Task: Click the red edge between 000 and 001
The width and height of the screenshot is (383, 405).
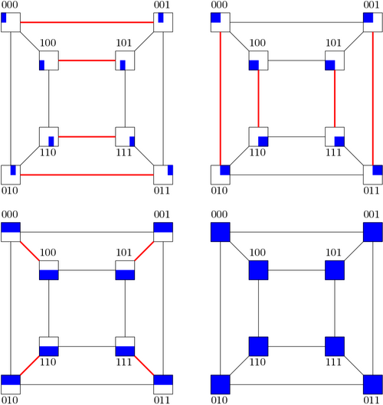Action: pyautogui.click(x=87, y=22)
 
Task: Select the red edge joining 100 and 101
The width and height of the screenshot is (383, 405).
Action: pyautogui.click(x=87, y=60)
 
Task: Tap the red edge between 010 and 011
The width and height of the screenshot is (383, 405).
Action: pyautogui.click(x=87, y=175)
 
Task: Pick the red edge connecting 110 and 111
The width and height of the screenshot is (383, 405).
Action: pyautogui.click(x=87, y=136)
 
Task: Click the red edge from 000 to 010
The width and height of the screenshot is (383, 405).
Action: pyautogui.click(x=221, y=99)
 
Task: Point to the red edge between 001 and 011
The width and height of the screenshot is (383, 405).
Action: pyautogui.click(x=373, y=99)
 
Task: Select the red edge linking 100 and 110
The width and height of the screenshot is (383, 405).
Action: pyautogui.click(x=258, y=99)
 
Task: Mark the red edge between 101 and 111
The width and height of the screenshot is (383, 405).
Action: pyautogui.click(x=335, y=99)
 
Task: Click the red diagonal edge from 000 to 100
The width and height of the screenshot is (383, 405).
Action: pyautogui.click(x=30, y=251)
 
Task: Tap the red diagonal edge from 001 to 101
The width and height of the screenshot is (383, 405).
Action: pyautogui.click(x=144, y=251)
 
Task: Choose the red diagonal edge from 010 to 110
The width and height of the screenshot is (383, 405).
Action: pyautogui.click(x=30, y=365)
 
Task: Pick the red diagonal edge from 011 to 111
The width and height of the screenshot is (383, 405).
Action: pyautogui.click(x=144, y=365)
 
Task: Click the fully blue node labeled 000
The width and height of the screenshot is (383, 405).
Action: pyautogui.click(x=221, y=232)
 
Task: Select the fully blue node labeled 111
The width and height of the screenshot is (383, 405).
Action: pyautogui.click(x=335, y=346)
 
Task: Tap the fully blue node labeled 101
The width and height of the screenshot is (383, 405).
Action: pyautogui.click(x=335, y=270)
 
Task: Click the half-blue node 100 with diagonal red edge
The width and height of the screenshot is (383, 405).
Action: pyautogui.click(x=49, y=270)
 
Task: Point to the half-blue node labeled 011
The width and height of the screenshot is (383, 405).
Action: pyautogui.click(x=163, y=384)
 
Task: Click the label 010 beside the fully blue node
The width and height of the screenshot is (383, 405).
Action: pyautogui.click(x=219, y=400)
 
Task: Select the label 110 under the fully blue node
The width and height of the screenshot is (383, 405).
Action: pyautogui.click(x=257, y=362)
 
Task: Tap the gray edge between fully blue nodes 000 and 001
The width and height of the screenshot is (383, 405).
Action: pyautogui.click(x=296, y=232)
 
